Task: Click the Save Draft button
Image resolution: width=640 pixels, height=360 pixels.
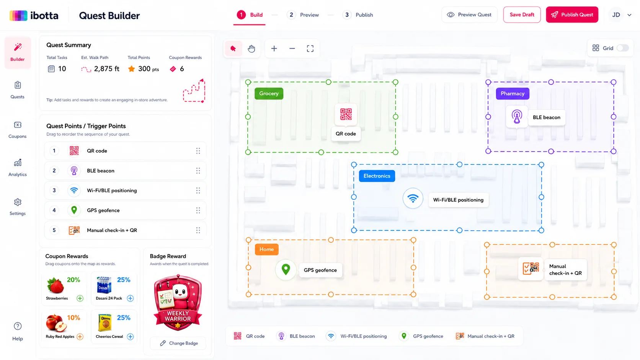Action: click(x=522, y=15)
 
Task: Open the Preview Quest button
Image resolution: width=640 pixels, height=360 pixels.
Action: click(x=469, y=15)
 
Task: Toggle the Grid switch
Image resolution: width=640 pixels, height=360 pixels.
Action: click(x=622, y=48)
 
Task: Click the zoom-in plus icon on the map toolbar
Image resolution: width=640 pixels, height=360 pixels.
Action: click(x=274, y=49)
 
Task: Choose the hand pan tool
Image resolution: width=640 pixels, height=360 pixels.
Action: click(x=251, y=49)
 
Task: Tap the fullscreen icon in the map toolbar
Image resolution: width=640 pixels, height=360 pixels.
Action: click(x=310, y=49)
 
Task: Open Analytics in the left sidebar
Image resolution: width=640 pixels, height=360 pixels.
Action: click(x=18, y=168)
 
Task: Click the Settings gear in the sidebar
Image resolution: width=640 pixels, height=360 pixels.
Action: click(x=18, y=207)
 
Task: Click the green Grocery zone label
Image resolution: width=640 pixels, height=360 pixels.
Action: click(x=269, y=93)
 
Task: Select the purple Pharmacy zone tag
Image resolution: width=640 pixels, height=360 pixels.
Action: click(x=513, y=93)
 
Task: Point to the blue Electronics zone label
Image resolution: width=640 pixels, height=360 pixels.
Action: click(x=377, y=176)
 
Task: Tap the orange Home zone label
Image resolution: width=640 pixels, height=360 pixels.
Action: click(x=266, y=249)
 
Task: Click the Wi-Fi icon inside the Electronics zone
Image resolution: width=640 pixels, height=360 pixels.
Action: click(x=413, y=198)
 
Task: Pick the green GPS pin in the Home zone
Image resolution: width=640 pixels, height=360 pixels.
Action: click(x=286, y=269)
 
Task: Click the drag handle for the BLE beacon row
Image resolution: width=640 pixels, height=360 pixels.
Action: click(x=198, y=171)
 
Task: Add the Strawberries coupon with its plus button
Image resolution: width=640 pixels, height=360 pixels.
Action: click(x=80, y=298)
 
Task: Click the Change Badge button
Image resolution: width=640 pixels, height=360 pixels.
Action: click(x=179, y=343)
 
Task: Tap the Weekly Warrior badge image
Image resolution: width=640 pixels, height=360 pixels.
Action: click(x=178, y=303)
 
